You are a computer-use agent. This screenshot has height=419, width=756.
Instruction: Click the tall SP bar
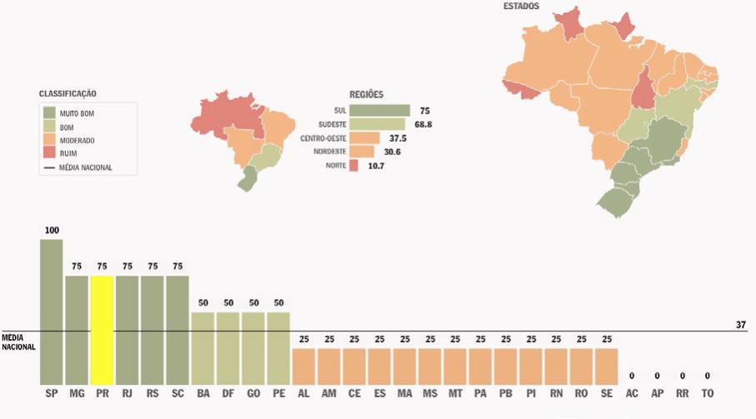pos(51,312)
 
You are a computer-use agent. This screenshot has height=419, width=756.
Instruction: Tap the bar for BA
pos(203,347)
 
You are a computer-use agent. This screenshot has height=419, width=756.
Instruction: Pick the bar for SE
pos(606,366)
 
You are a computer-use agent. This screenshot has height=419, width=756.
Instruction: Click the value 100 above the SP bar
pos(51,231)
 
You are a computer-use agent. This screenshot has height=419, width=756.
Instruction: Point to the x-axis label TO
pos(707,393)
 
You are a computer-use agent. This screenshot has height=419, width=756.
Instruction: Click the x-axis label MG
pos(77,393)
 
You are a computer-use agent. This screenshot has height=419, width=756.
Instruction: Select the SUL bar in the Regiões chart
pos(380,111)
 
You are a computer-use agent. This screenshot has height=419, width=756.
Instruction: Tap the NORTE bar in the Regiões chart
pos(353,166)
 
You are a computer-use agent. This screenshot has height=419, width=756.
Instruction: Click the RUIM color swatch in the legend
pos(50,153)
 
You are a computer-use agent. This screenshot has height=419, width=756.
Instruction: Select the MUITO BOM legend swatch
pos(50,112)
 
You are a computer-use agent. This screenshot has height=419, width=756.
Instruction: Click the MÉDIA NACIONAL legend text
pos(86,167)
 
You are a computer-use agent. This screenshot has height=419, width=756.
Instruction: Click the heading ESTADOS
pos(521,7)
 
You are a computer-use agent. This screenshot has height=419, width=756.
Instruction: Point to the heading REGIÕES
pos(367,95)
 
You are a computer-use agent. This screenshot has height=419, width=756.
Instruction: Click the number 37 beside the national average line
pos(740,325)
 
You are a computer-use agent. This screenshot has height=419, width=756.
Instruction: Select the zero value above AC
pos(632,376)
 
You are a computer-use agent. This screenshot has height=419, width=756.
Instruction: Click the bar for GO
pos(253,347)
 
